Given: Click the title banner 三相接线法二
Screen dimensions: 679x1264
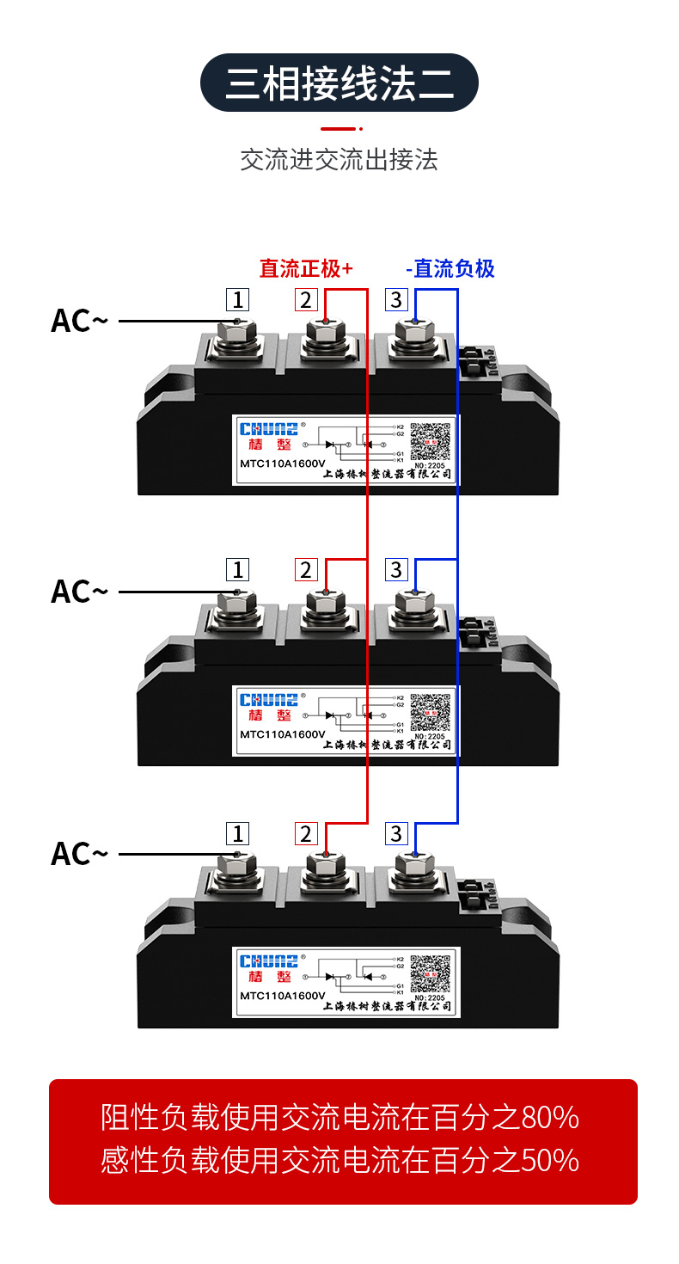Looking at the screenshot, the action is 339,83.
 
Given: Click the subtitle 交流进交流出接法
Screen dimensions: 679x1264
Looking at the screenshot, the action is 339,160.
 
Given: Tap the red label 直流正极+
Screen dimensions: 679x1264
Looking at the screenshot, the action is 306,269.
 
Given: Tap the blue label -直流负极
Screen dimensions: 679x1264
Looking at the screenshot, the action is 450,269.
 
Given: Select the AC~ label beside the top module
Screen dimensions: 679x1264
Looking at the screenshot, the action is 79,321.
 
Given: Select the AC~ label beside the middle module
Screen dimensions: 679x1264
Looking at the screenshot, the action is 79,592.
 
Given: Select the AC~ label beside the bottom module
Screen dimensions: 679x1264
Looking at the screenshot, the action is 79,854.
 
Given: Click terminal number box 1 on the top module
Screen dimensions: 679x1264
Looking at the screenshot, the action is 238,299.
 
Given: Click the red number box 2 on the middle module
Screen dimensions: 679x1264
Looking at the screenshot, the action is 306,569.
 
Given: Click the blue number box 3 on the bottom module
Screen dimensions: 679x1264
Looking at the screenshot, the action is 396,833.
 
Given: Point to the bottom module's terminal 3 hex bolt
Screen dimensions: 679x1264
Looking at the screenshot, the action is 413,866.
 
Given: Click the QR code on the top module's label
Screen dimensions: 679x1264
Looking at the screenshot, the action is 431,443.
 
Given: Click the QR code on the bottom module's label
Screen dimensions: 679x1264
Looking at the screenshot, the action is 431,974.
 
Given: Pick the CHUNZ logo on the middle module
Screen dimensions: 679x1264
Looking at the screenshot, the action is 269,700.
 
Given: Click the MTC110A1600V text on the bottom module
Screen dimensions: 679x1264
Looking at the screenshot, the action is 282,996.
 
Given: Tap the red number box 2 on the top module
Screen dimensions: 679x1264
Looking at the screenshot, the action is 306,299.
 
